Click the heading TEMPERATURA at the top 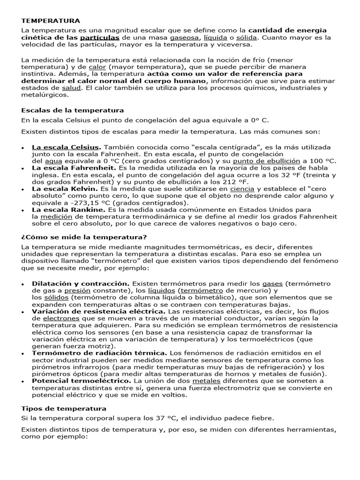point(51,21)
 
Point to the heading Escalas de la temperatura point(73,110)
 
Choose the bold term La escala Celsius point(66,147)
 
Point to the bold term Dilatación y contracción point(81,284)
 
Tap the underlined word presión point(77,291)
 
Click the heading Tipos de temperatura point(64,408)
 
